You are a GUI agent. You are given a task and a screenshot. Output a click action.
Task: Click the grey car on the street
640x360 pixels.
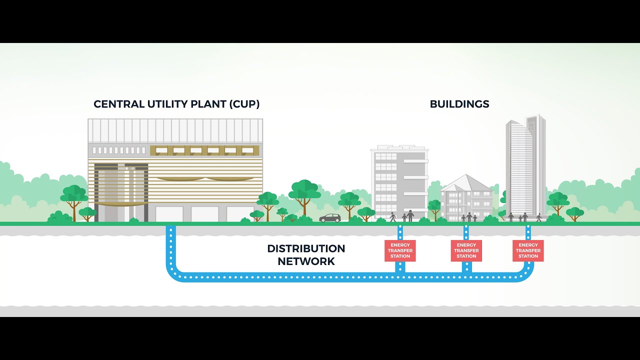click(x=330, y=218)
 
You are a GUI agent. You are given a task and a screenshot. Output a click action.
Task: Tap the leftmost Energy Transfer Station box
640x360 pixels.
click(x=400, y=250)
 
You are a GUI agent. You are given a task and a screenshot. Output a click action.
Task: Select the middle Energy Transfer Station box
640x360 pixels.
click(x=466, y=250)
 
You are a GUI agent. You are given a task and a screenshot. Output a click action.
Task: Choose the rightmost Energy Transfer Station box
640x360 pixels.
click(x=528, y=250)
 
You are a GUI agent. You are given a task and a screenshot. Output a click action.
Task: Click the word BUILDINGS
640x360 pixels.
click(x=459, y=104)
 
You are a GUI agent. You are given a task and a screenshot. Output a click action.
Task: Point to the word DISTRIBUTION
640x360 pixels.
click(x=306, y=248)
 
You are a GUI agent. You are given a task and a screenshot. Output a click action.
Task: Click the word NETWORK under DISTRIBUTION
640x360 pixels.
click(x=306, y=261)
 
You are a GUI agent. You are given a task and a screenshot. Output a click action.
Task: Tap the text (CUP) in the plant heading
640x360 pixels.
click(x=244, y=104)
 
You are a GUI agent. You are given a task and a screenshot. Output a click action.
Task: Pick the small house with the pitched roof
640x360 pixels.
click(x=466, y=198)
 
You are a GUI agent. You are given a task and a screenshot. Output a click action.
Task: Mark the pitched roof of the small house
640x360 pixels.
click(x=466, y=183)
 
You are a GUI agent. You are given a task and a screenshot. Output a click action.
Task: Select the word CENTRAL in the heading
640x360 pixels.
click(x=119, y=104)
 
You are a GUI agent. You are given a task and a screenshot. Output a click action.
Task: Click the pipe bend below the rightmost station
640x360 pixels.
click(x=527, y=274)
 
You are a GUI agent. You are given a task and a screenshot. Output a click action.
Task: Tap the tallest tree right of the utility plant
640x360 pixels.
click(x=304, y=197)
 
